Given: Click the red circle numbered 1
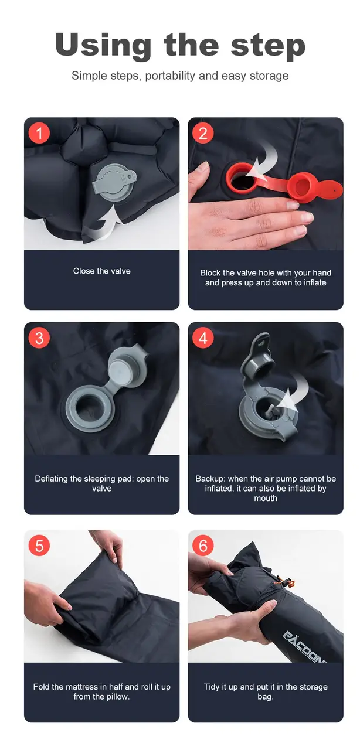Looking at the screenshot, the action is (x=39, y=133).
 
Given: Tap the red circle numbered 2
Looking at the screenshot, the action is (x=203, y=133).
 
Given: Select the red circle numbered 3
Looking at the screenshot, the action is (x=39, y=338).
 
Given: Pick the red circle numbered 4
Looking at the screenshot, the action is (x=203, y=338).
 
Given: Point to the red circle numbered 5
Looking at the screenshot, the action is (x=39, y=546).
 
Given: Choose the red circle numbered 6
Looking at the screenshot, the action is (x=203, y=546).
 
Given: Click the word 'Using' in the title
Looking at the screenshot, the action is (x=103, y=46).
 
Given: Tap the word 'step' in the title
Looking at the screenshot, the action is (x=268, y=47).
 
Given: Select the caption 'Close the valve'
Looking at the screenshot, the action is (x=102, y=271).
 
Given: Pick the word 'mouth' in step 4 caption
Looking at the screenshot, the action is (x=266, y=498).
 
